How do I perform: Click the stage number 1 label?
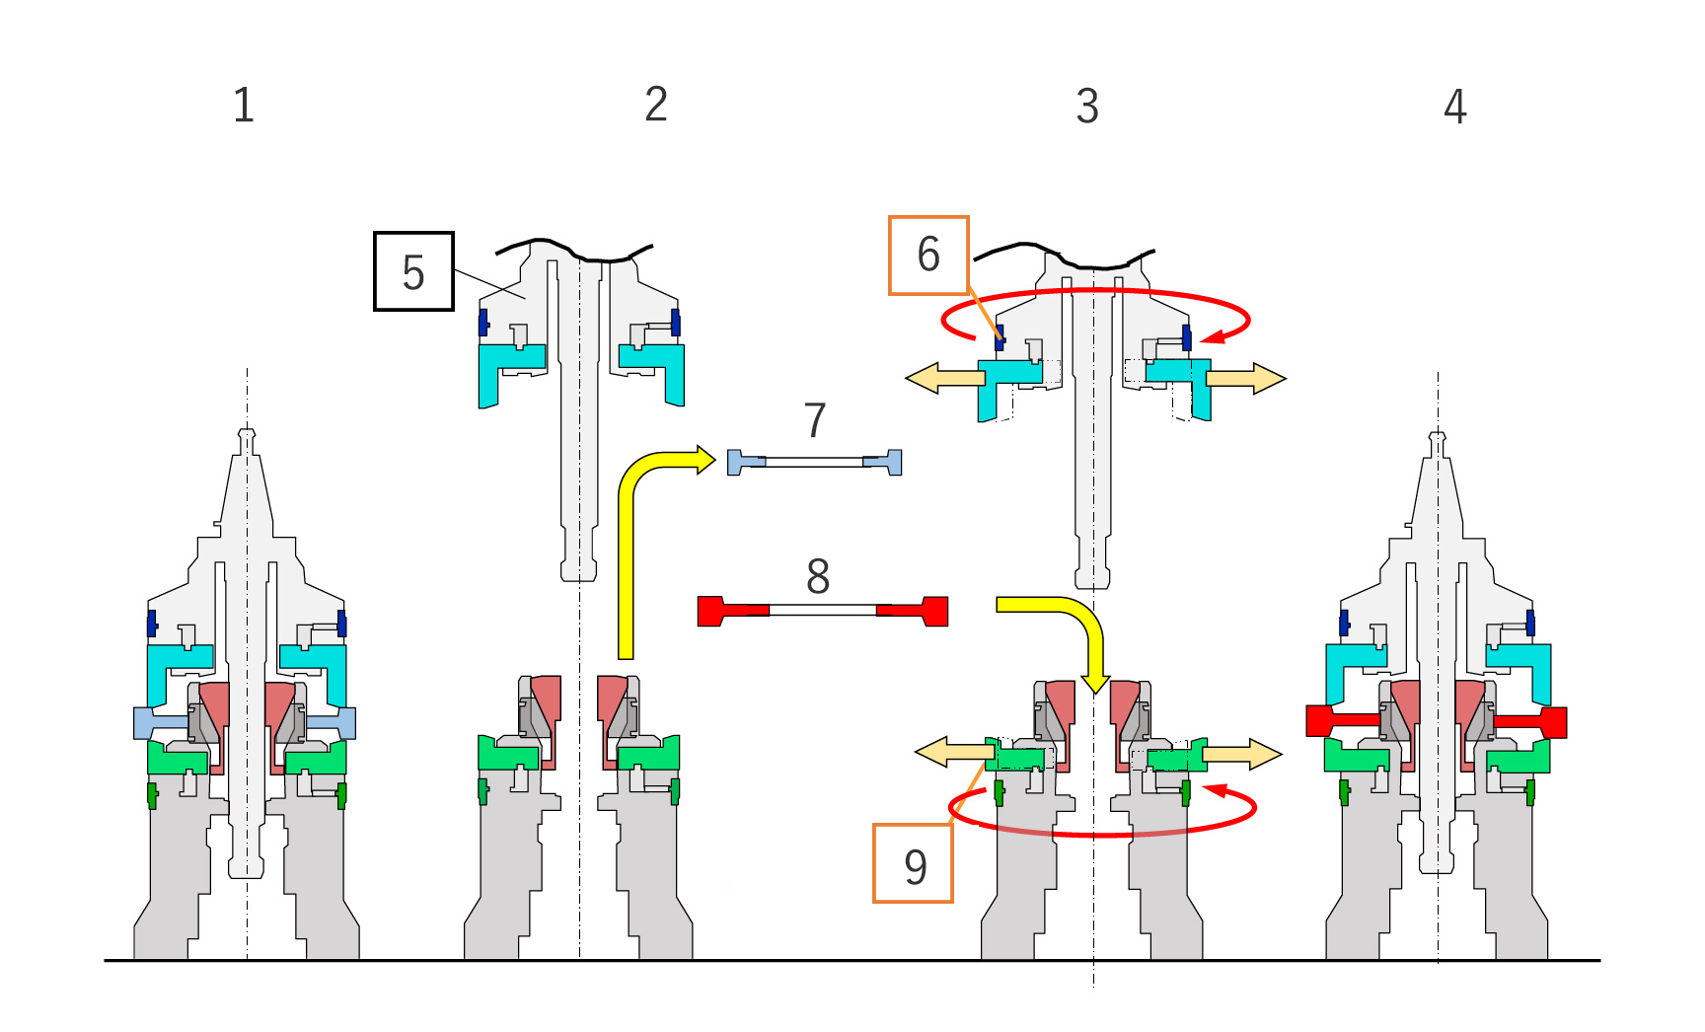click(x=244, y=106)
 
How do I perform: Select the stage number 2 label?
click(x=656, y=105)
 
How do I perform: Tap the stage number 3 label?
click(x=1087, y=106)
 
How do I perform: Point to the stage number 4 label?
click(x=1455, y=107)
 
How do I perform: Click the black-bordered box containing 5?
click(x=413, y=271)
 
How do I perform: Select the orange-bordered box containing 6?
click(x=928, y=255)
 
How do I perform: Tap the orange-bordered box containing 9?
click(x=914, y=863)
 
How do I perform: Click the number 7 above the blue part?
click(x=815, y=421)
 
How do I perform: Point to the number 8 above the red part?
click(x=818, y=576)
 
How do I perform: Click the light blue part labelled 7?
click(x=815, y=462)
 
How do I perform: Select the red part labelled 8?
click(x=823, y=611)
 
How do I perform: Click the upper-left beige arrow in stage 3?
click(x=944, y=378)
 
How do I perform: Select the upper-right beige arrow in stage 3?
click(x=1246, y=378)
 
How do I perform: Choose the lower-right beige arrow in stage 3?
click(x=1242, y=754)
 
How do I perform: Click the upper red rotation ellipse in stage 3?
click(x=1095, y=291)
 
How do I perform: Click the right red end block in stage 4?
click(x=1530, y=721)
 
